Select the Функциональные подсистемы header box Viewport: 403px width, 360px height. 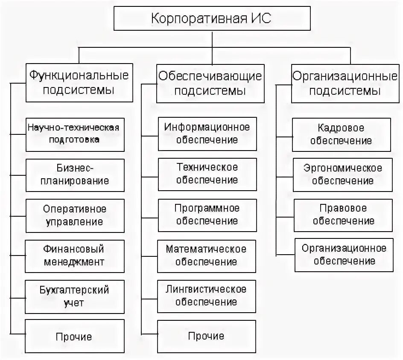[79, 83]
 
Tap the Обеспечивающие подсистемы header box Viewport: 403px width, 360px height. [210, 83]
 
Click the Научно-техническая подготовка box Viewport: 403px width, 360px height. [75, 134]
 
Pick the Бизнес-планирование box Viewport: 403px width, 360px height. [75, 174]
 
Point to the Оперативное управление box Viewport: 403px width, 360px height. [75, 215]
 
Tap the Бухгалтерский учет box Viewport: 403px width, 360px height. [75, 296]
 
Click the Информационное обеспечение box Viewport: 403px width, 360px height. [207, 133]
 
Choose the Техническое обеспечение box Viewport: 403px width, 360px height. [207, 174]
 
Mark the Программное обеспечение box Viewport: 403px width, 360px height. [207, 215]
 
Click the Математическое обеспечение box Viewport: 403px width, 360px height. [207, 255]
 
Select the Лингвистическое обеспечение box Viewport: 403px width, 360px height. [207, 296]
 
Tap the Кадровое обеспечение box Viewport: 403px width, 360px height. [342, 134]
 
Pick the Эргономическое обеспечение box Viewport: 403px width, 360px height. [343, 174]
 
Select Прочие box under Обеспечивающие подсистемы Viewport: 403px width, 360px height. [207, 336]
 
